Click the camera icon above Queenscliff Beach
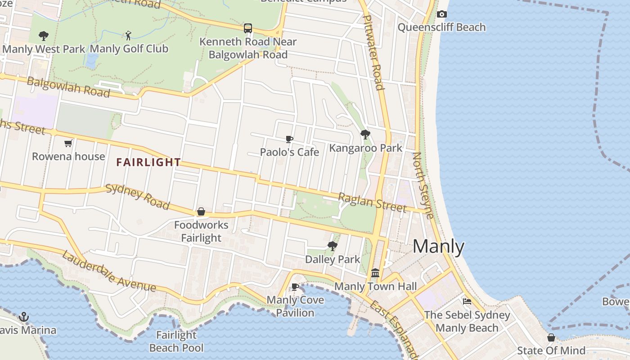click(x=442, y=14)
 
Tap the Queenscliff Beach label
click(x=441, y=27)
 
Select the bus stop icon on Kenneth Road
click(x=248, y=28)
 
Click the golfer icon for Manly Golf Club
click(x=129, y=35)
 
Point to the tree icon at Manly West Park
click(x=44, y=36)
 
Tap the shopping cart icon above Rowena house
click(x=68, y=144)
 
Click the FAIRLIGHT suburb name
click(x=148, y=162)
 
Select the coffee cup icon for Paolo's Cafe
click(x=289, y=139)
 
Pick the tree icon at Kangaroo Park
click(x=365, y=135)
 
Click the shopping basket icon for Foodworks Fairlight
click(x=201, y=211)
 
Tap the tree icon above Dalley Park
click(x=333, y=246)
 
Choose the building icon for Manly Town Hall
click(x=375, y=273)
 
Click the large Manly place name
click(x=438, y=247)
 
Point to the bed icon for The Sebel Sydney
click(x=467, y=301)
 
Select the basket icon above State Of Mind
click(x=551, y=337)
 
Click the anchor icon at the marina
click(x=24, y=317)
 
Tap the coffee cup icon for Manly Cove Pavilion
click(x=295, y=287)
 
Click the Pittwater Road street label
click(x=373, y=52)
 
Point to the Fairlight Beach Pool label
click(x=176, y=341)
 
